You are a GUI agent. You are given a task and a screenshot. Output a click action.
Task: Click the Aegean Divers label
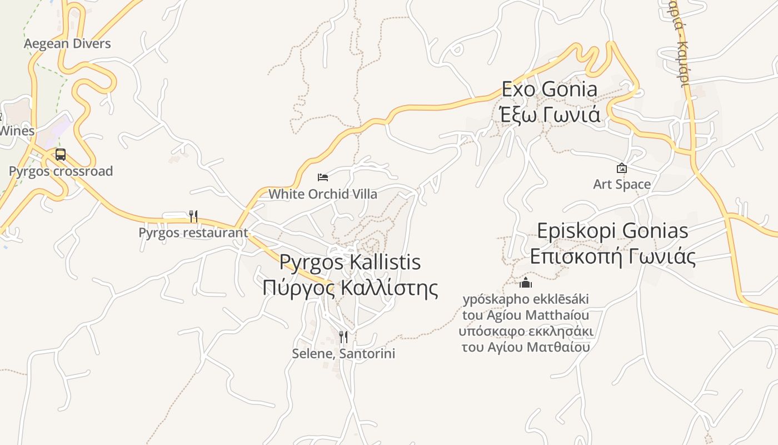coord(67,43)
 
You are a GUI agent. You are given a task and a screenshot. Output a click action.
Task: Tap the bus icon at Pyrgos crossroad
coord(61,155)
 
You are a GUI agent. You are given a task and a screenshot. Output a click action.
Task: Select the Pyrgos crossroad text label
coord(61,171)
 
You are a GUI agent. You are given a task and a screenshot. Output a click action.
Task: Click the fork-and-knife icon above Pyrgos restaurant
coord(193,216)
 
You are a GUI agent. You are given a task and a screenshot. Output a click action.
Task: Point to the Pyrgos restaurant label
coord(193,233)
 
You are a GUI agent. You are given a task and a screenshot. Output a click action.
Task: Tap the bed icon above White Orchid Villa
coord(323,177)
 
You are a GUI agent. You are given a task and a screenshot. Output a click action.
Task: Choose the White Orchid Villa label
coord(323,194)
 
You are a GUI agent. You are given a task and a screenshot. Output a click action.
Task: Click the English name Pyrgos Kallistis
coord(350,262)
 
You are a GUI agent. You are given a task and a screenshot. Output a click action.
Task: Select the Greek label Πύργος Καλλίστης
coord(350,288)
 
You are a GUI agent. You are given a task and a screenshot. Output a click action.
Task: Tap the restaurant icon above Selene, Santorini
coord(343,337)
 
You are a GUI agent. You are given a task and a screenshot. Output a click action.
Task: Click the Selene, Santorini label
coord(343,354)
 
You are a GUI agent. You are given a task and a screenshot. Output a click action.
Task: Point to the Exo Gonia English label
coord(550,89)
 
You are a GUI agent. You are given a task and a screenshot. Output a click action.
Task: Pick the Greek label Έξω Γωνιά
coord(550,114)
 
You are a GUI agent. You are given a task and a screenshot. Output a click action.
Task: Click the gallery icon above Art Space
coord(622,167)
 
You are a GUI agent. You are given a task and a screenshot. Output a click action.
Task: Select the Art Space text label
coord(622,184)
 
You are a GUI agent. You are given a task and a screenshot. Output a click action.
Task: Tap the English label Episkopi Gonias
coord(612,231)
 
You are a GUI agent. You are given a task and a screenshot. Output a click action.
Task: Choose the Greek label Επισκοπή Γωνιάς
coord(612,256)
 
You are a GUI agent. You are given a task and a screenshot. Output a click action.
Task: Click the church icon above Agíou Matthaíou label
coord(526,283)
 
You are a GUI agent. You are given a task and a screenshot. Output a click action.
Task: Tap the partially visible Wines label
coord(17,131)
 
